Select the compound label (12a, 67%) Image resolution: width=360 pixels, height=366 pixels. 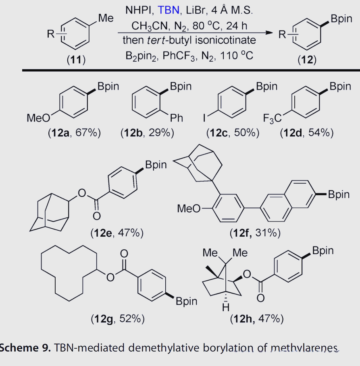(x=74, y=133)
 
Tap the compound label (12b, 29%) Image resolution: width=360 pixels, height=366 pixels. (x=147, y=133)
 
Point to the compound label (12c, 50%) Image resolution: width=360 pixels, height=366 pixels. (x=233, y=133)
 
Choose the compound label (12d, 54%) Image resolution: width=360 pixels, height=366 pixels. (x=306, y=133)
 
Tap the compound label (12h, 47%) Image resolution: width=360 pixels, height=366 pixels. (x=256, y=319)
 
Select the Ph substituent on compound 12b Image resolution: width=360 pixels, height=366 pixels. (x=177, y=118)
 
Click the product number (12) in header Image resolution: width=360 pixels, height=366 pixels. (x=307, y=60)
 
